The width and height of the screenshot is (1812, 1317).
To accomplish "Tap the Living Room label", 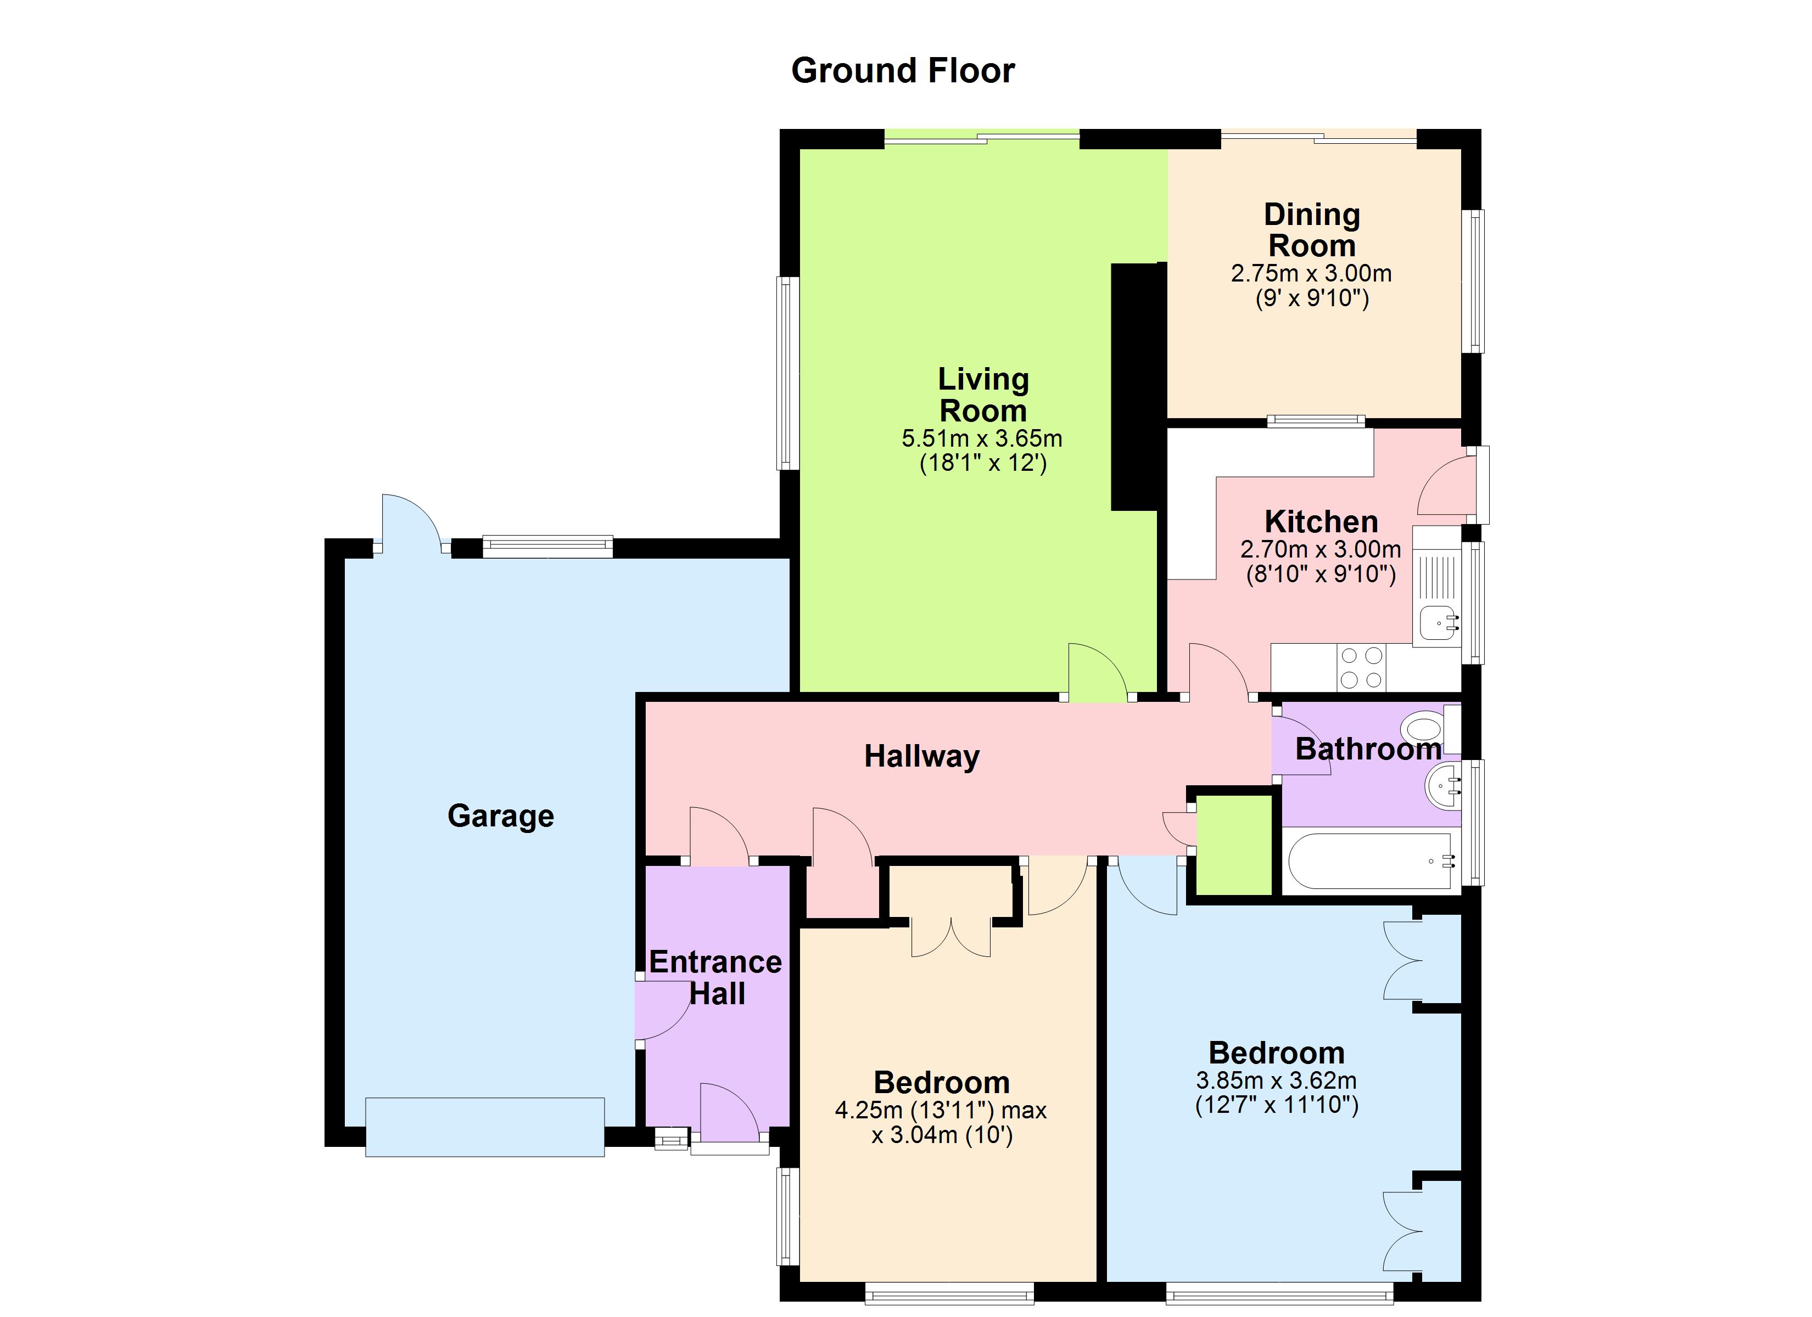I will click(983, 395).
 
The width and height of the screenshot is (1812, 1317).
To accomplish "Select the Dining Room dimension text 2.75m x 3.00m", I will click(1311, 273).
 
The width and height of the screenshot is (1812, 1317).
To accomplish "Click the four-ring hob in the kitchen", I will click(1361, 668).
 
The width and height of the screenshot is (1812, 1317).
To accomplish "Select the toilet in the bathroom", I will click(1422, 729).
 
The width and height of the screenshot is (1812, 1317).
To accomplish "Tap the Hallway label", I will click(921, 756).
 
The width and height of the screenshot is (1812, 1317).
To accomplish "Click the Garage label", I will click(500, 815).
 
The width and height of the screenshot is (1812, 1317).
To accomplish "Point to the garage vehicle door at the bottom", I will click(485, 1127).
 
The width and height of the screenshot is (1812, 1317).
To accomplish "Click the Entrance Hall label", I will click(716, 977).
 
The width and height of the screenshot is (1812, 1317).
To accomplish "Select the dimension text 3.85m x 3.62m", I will click(1276, 1080).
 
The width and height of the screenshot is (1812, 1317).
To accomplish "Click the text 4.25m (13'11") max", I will click(941, 1110).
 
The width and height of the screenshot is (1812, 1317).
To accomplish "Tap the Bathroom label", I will click(1368, 749).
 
